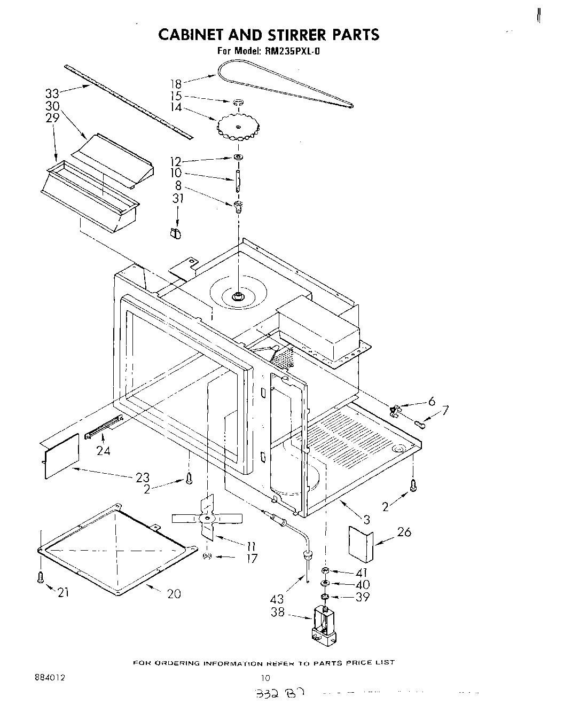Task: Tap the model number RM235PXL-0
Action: coord(292,52)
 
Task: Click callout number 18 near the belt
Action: coord(176,83)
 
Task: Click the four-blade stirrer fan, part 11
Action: coord(207,518)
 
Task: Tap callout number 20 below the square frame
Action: coord(174,593)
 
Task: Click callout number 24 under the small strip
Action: coord(104,451)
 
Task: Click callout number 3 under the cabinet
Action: coord(366,519)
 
